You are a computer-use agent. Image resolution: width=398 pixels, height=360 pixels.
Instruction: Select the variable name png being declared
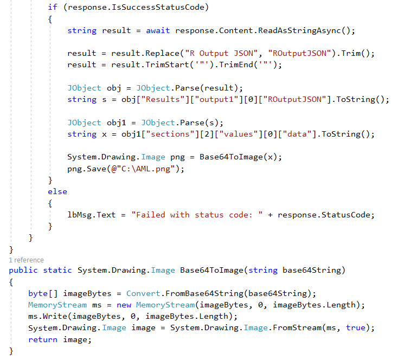(177, 157)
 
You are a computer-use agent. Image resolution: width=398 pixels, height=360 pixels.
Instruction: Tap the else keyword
(57, 191)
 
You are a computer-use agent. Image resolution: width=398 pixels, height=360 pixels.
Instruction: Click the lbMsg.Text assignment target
(92, 215)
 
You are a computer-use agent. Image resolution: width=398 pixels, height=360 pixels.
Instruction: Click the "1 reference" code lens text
(27, 260)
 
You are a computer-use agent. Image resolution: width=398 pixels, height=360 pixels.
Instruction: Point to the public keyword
(23, 270)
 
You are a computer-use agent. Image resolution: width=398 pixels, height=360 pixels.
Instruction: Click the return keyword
(43, 339)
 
